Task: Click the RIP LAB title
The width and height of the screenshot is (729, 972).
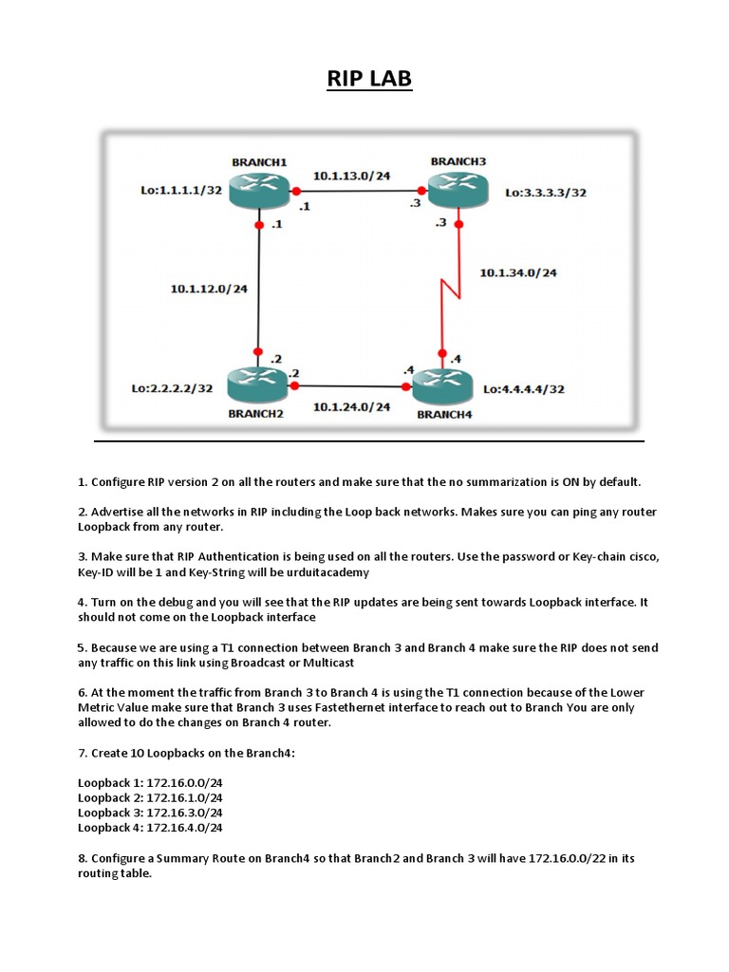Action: point(369,78)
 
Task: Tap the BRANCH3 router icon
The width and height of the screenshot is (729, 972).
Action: point(458,189)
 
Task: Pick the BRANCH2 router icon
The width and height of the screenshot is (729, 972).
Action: point(257,385)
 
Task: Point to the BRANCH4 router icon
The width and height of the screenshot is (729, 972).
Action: point(442,386)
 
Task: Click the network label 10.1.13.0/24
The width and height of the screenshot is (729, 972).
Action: point(351,176)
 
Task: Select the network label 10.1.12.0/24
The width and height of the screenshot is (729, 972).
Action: point(209,289)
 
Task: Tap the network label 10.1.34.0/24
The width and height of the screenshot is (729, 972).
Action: point(518,272)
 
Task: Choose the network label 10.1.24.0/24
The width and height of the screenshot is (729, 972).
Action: point(351,406)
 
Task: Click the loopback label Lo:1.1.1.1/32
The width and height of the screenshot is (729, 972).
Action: point(181,190)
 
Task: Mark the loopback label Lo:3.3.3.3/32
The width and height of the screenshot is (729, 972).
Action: point(546,193)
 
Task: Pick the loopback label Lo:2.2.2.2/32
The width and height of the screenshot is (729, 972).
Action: point(172,388)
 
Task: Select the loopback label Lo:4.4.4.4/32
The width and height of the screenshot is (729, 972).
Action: point(524,389)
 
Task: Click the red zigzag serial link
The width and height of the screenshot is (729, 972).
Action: point(451,289)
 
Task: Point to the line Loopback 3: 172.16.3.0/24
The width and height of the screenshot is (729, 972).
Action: point(150,813)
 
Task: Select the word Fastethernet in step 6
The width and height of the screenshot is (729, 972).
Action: point(349,707)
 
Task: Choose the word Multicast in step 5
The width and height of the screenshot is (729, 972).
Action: point(328,663)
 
